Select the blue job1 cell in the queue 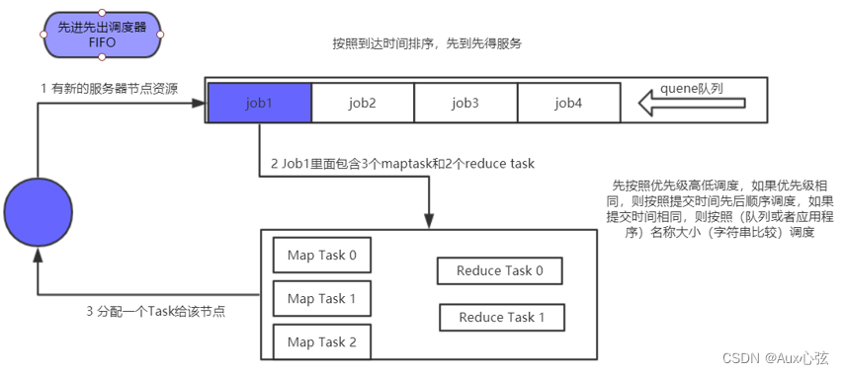pyautogui.click(x=259, y=102)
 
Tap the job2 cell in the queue pyautogui.click(x=362, y=102)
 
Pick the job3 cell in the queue pyautogui.click(x=464, y=102)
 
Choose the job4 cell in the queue pyautogui.click(x=568, y=102)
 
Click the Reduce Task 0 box pyautogui.click(x=500, y=271)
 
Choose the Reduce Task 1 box pyautogui.click(x=502, y=317)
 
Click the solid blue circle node pyautogui.click(x=38, y=213)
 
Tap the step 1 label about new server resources pyautogui.click(x=109, y=88)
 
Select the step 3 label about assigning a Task pyautogui.click(x=154, y=311)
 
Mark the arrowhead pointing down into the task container pyautogui.click(x=429, y=223)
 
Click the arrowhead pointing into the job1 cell pyautogui.click(x=200, y=103)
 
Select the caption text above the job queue pyautogui.click(x=427, y=45)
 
